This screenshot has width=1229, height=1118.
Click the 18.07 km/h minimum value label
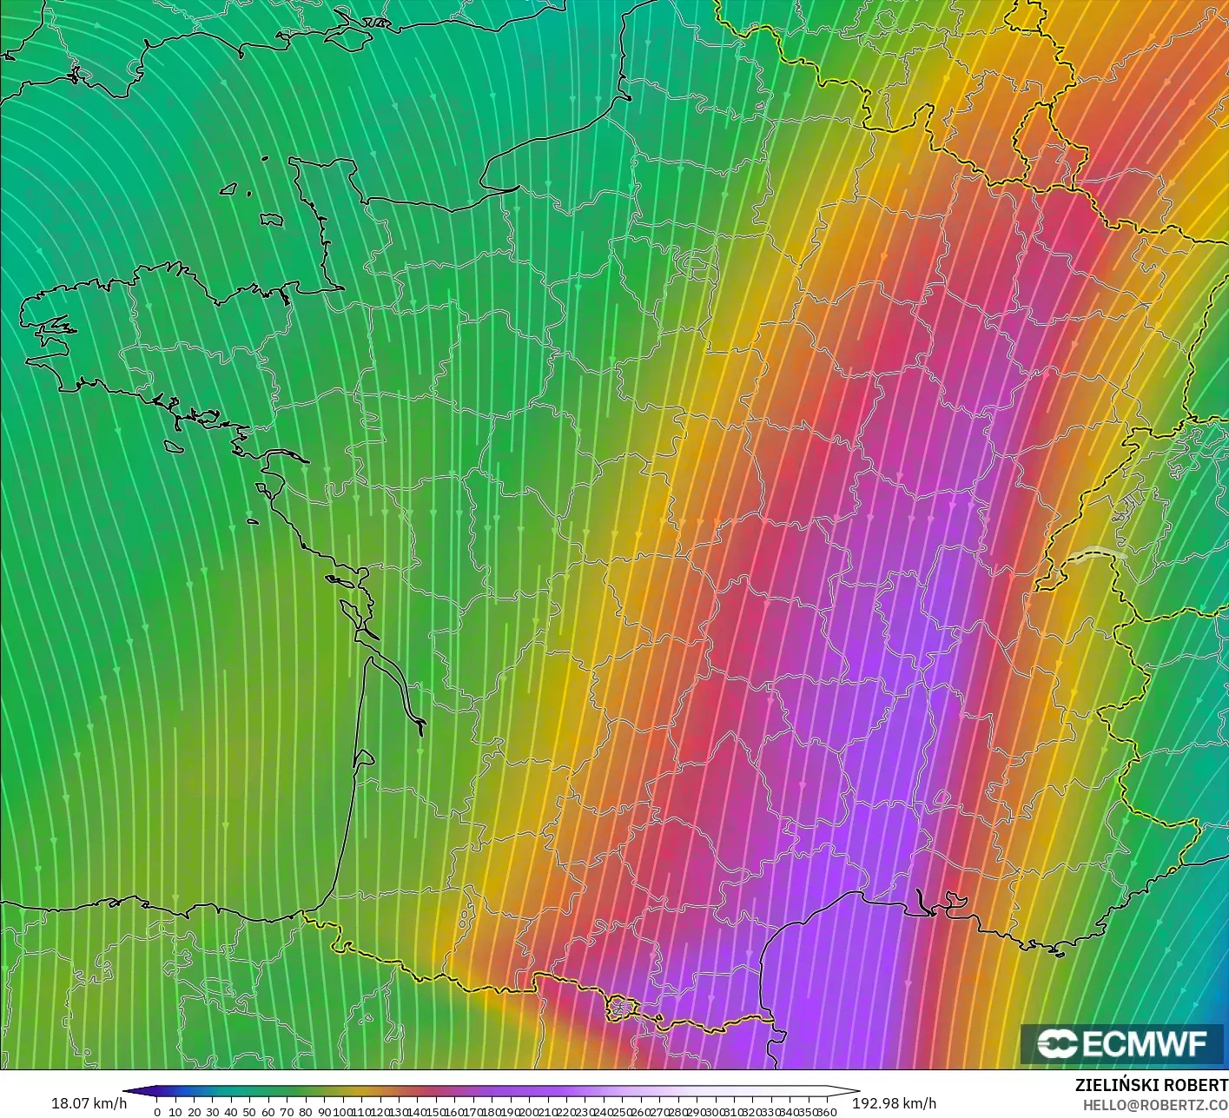[x=89, y=1103]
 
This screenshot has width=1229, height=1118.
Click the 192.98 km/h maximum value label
[x=894, y=1103]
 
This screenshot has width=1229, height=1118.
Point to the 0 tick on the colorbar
[x=156, y=1112]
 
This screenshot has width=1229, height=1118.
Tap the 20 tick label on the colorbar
[x=194, y=1112]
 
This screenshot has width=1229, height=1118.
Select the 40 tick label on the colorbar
[x=231, y=1112]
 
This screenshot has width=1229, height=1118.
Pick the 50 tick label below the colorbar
[x=249, y=1112]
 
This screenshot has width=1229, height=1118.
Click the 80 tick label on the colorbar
[x=305, y=1112]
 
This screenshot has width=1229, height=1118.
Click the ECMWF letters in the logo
[x=1145, y=1043]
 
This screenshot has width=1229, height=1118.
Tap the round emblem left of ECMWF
[x=1057, y=1043]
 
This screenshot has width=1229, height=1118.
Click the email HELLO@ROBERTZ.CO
[x=1154, y=1102]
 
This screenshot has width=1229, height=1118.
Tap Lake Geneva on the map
[x=1096, y=554]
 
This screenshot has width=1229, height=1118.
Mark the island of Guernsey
[x=230, y=188]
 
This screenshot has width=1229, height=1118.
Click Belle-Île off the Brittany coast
[x=175, y=444]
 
